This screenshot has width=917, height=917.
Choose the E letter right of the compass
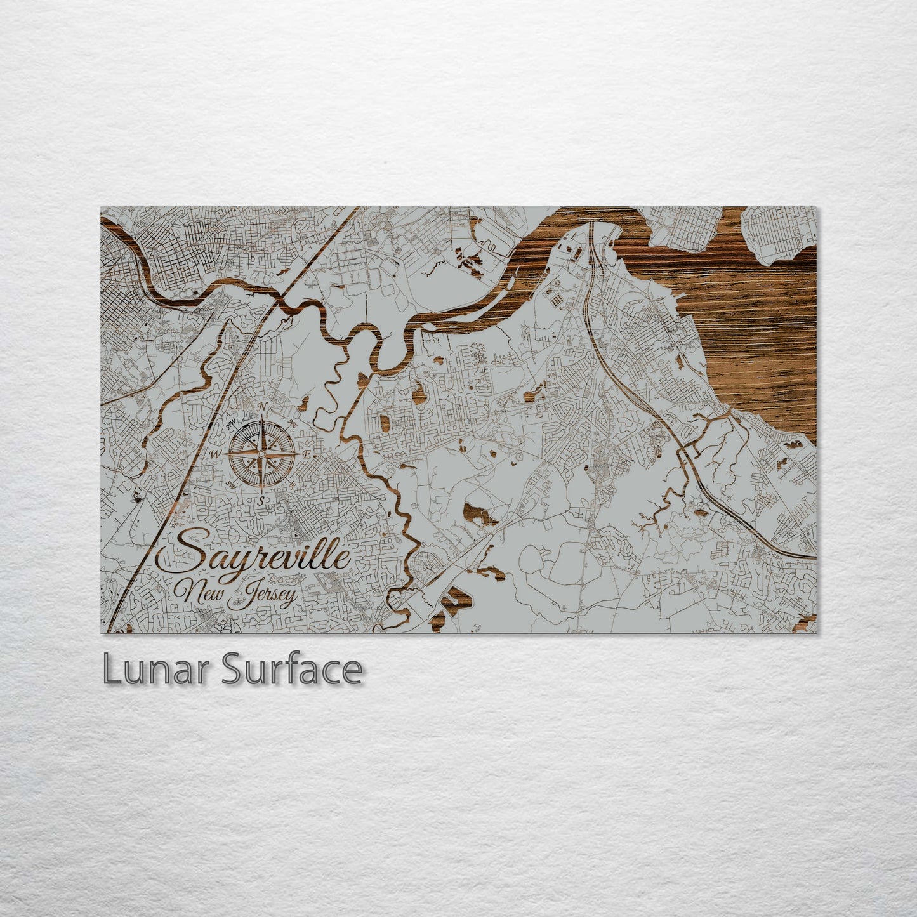pyautogui.click(x=307, y=454)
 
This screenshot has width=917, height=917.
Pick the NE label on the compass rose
pyautogui.click(x=293, y=423)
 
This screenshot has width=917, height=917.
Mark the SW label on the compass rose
pyautogui.click(x=230, y=485)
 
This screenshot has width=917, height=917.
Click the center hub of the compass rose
pyautogui.click(x=261, y=454)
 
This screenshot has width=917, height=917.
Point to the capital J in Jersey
pyautogui.click(x=241, y=597)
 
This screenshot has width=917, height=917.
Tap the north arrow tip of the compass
pyautogui.click(x=261, y=416)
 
